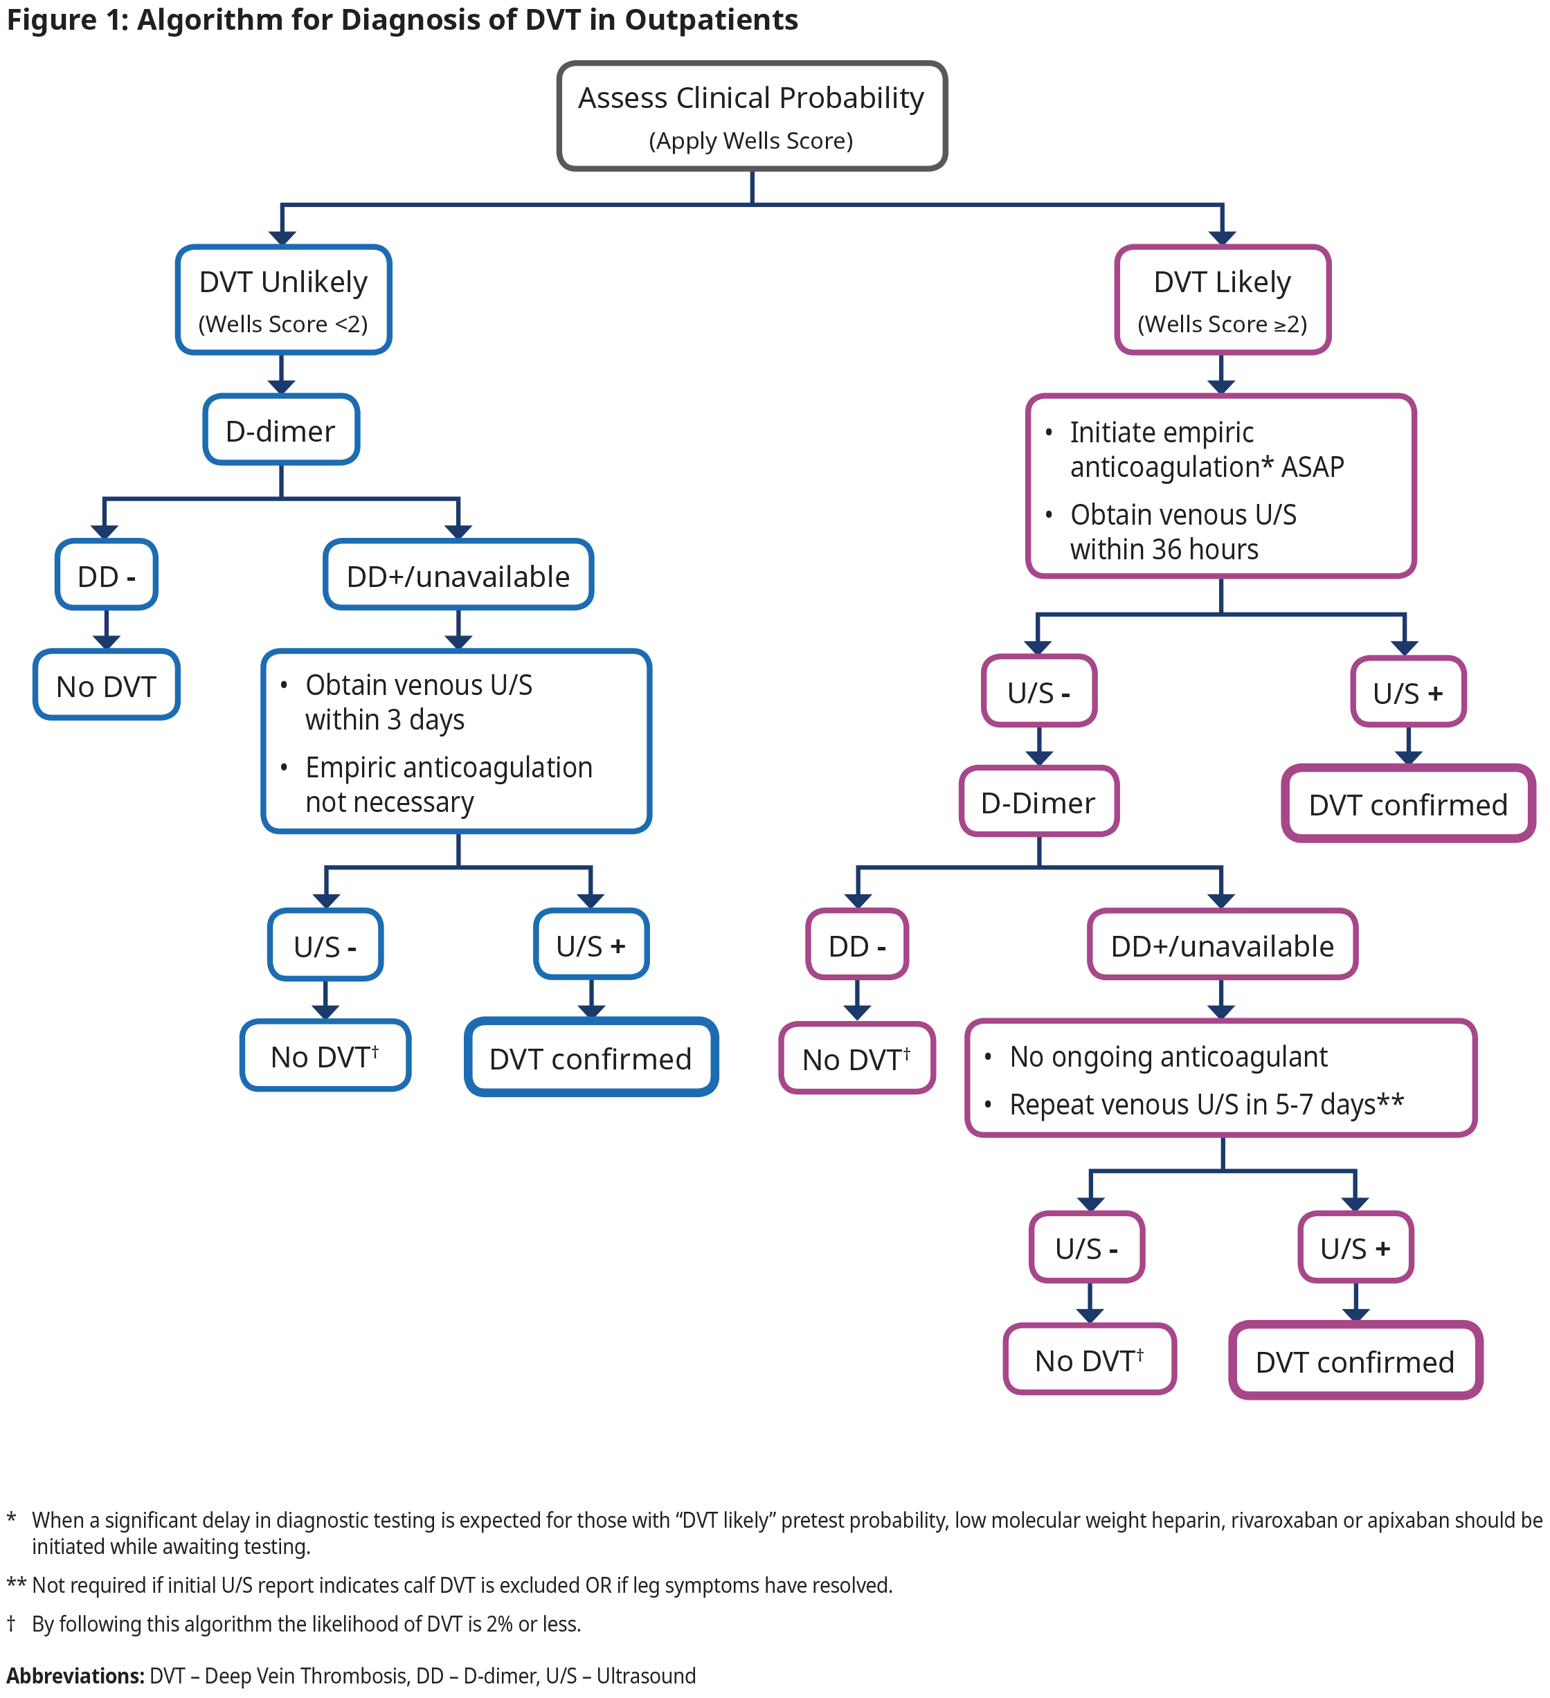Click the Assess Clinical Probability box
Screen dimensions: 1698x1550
pyautogui.click(x=751, y=116)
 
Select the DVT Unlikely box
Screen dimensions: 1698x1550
pyautogui.click(x=283, y=300)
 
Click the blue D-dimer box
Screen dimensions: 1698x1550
pyautogui.click(x=280, y=431)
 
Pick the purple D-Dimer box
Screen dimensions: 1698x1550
pyautogui.click(x=1038, y=802)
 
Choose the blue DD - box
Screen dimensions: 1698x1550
pyautogui.click(x=106, y=576)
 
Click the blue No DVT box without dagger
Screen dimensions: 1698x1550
pyautogui.click(x=106, y=685)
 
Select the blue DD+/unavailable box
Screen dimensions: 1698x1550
pyautogui.click(x=458, y=576)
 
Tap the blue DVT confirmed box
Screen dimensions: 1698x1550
pyautogui.click(x=591, y=1058)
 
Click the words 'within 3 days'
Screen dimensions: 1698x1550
pyautogui.click(x=384, y=720)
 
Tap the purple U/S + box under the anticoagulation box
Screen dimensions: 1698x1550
pyautogui.click(x=1407, y=692)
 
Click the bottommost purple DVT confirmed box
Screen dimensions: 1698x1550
pyautogui.click(x=1355, y=1362)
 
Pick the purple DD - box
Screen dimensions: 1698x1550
pyautogui.click(x=857, y=945)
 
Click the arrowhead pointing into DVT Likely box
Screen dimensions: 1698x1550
pyautogui.click(x=1221, y=238)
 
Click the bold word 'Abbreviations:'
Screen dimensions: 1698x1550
pyautogui.click(x=75, y=1675)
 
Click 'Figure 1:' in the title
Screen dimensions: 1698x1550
pyautogui.click(x=67, y=19)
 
